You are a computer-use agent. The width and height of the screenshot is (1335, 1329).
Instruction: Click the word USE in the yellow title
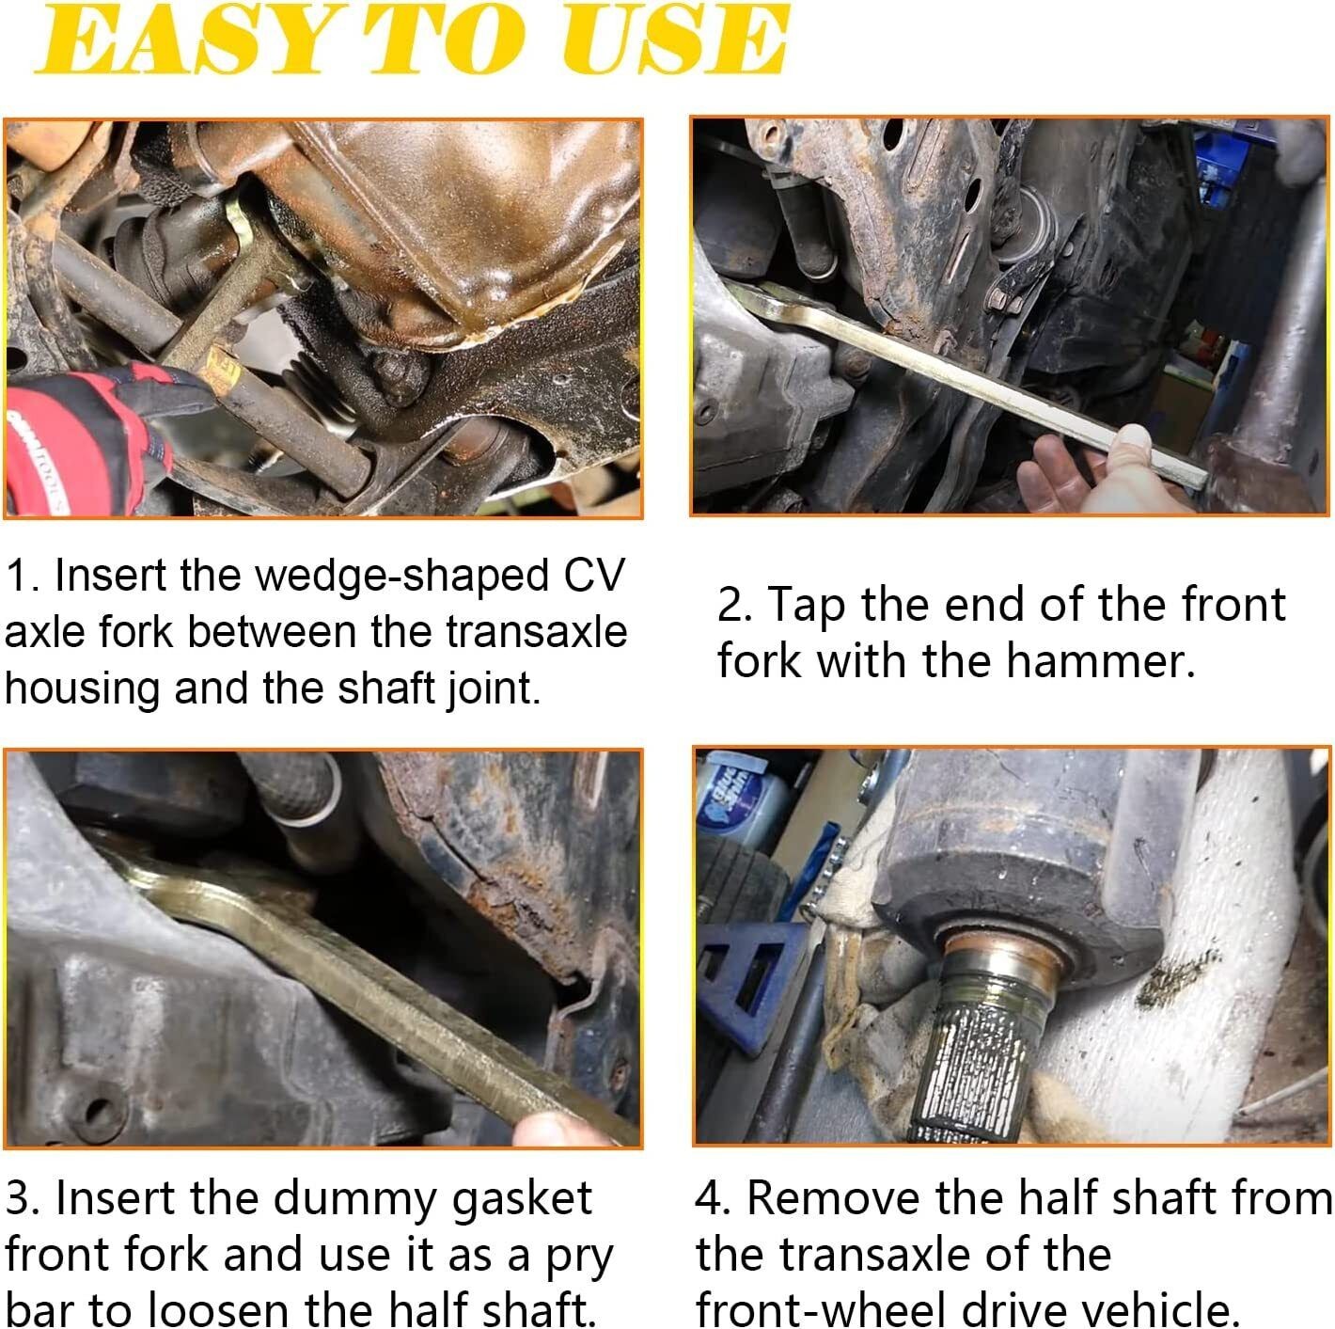pos(676,40)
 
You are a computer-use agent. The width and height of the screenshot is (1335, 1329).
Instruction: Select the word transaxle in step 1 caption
pos(536,632)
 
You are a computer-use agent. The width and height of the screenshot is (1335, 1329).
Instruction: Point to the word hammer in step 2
pos(1101,661)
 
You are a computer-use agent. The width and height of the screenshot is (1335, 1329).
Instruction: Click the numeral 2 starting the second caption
pos(730,605)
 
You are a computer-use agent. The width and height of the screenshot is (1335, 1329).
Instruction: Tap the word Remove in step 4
pos(836,1198)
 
